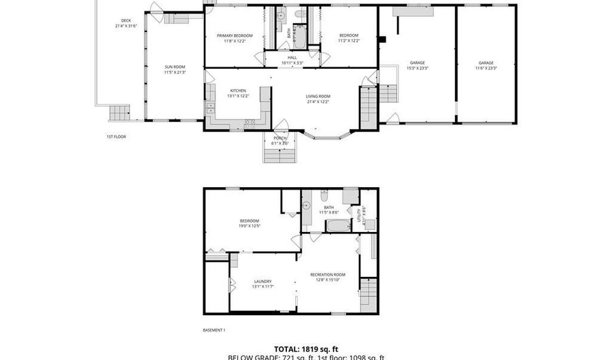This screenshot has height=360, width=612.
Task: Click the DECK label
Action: pos(125,20)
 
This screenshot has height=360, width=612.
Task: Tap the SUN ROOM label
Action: pos(173,67)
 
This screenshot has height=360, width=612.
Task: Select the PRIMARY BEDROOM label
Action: pos(234,35)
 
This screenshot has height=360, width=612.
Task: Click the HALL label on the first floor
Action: pos(292,58)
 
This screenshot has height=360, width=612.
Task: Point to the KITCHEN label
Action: pos(237,91)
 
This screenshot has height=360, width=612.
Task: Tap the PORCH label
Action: pos(279,138)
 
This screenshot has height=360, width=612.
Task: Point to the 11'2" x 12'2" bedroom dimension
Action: pos(348,41)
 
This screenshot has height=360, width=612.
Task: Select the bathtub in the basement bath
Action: pos(337,225)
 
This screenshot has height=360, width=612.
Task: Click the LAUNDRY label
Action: pos(263,281)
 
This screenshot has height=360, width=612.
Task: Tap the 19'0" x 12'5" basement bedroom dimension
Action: pos(249,226)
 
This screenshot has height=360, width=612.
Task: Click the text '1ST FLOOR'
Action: pos(116,137)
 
